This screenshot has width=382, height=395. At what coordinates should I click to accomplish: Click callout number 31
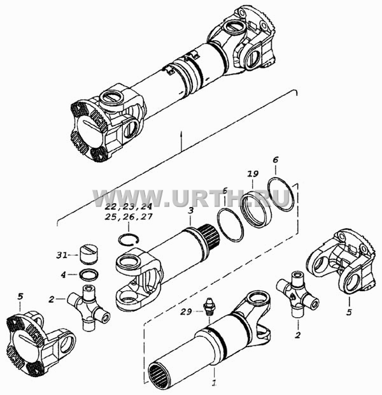(x=62, y=255)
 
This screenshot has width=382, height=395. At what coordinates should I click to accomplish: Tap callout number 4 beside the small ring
(x=63, y=275)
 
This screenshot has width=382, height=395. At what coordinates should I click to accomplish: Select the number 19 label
(x=253, y=174)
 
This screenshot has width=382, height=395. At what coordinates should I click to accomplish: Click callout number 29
(x=186, y=312)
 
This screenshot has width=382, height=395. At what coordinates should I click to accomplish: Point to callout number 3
(x=190, y=211)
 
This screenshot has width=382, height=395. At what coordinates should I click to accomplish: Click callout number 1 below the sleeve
(x=214, y=383)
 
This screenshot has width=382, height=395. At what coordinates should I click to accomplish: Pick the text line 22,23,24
(x=129, y=207)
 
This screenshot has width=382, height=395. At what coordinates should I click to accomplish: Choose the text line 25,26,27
(x=129, y=217)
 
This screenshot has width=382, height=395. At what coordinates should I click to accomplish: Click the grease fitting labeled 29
(x=208, y=306)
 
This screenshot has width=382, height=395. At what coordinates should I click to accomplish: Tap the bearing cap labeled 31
(x=88, y=254)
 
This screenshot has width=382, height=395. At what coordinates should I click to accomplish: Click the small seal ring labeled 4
(x=89, y=275)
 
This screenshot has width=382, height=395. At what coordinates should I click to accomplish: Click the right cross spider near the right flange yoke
(x=298, y=294)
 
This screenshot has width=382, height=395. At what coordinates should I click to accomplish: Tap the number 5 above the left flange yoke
(x=20, y=296)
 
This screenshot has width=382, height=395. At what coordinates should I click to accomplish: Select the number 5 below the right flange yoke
(x=349, y=312)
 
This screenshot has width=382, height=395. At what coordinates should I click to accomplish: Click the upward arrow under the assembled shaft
(x=181, y=141)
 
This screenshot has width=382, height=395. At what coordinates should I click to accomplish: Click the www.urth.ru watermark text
(x=191, y=198)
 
